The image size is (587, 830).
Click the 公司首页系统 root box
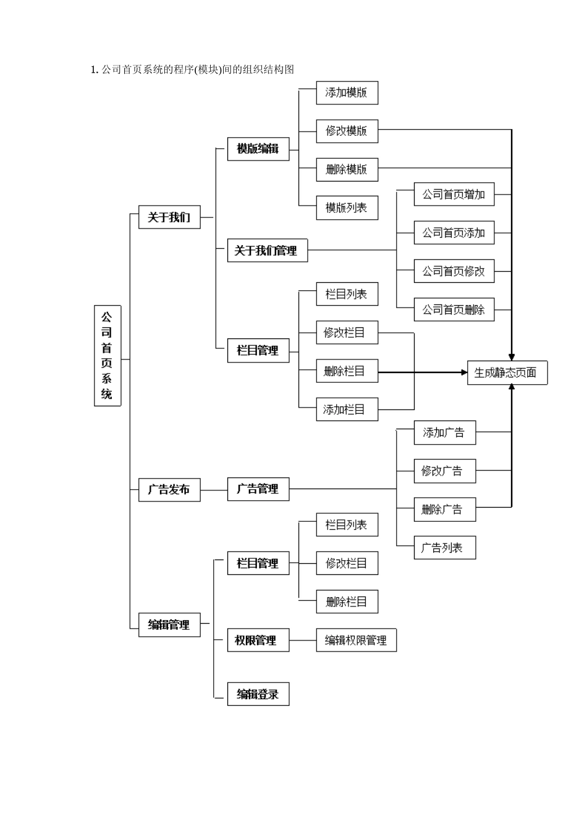pyautogui.click(x=107, y=355)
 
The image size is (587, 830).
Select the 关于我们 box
pyautogui.click(x=169, y=217)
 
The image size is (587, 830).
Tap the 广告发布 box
pyautogui.click(x=169, y=490)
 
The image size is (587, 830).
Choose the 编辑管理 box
pyautogui.click(x=169, y=625)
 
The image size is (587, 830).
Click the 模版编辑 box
pyautogui.click(x=258, y=149)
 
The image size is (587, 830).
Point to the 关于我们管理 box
pyautogui.click(x=267, y=251)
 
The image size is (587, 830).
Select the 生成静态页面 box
pyautogui.click(x=507, y=373)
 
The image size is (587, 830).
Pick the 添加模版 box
pyautogui.click(x=347, y=93)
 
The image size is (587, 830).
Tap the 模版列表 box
pyautogui.click(x=347, y=208)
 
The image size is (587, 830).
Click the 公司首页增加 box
pyautogui.click(x=454, y=195)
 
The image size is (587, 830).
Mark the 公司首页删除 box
pyautogui.click(x=454, y=310)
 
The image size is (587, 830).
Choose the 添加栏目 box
pyautogui.click(x=347, y=409)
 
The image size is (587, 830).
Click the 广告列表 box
pyautogui.click(x=444, y=548)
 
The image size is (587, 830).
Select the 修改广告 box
pyautogui.click(x=444, y=471)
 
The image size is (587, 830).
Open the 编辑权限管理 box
pyautogui.click(x=356, y=640)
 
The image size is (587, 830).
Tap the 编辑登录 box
pyautogui.click(x=258, y=694)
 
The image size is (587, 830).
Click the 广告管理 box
pyautogui.click(x=258, y=489)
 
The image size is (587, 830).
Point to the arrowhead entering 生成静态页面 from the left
pyautogui.click(x=464, y=372)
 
